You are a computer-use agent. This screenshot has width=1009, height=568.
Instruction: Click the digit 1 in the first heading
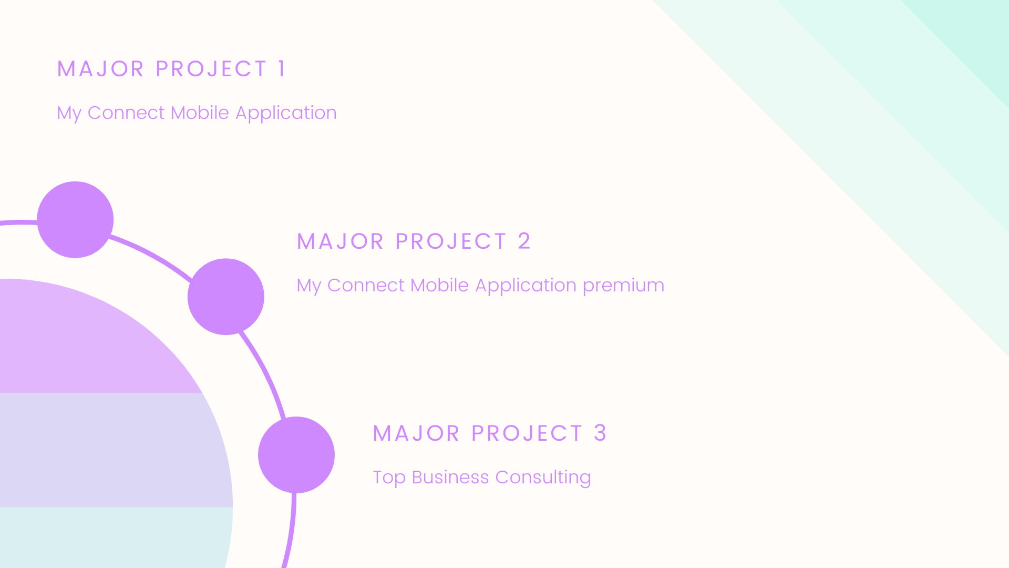pyautogui.click(x=282, y=69)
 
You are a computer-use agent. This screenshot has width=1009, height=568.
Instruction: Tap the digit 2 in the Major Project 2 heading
pyautogui.click(x=524, y=241)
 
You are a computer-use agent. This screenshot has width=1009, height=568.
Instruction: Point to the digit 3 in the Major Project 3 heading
pyautogui.click(x=600, y=433)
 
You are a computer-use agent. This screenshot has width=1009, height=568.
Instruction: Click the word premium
pyautogui.click(x=623, y=286)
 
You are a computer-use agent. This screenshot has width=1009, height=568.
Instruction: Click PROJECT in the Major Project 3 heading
pyautogui.click(x=527, y=433)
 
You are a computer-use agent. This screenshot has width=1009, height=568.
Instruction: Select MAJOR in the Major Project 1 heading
pyautogui.click(x=100, y=69)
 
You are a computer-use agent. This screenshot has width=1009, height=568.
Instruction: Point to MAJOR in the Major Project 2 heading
pyautogui.click(x=341, y=241)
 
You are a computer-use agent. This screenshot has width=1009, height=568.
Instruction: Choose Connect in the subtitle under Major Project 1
pyautogui.click(x=126, y=113)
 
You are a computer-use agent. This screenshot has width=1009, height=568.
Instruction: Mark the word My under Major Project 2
pyautogui.click(x=309, y=286)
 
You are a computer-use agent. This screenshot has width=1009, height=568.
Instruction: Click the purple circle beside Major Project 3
pyautogui.click(x=296, y=455)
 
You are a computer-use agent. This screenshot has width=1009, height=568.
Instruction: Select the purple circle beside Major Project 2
pyautogui.click(x=226, y=297)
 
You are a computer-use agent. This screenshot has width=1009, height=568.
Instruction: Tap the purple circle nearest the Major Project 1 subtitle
pyautogui.click(x=75, y=220)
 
